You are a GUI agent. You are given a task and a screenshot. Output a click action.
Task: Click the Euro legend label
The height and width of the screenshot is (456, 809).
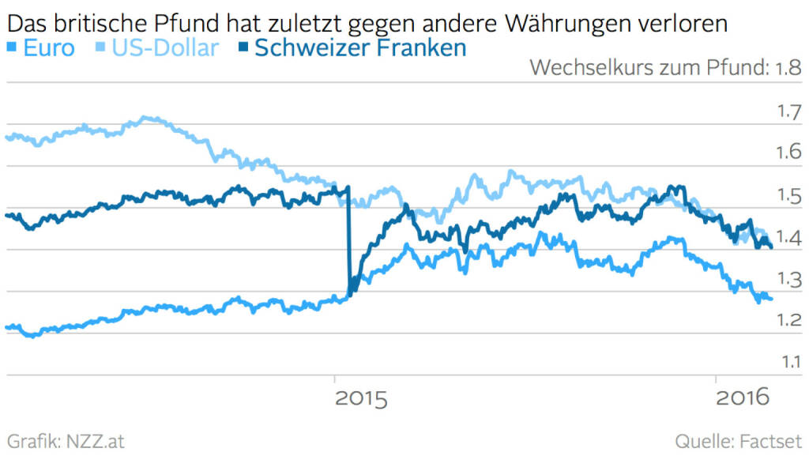[x=49, y=47]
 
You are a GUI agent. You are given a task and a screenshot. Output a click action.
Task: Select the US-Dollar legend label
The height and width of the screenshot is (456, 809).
[x=164, y=47]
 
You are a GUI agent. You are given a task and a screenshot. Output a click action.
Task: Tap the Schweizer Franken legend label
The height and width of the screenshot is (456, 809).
[x=359, y=47]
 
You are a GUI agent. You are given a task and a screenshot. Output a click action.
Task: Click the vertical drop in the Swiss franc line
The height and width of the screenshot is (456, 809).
[x=348, y=245]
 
